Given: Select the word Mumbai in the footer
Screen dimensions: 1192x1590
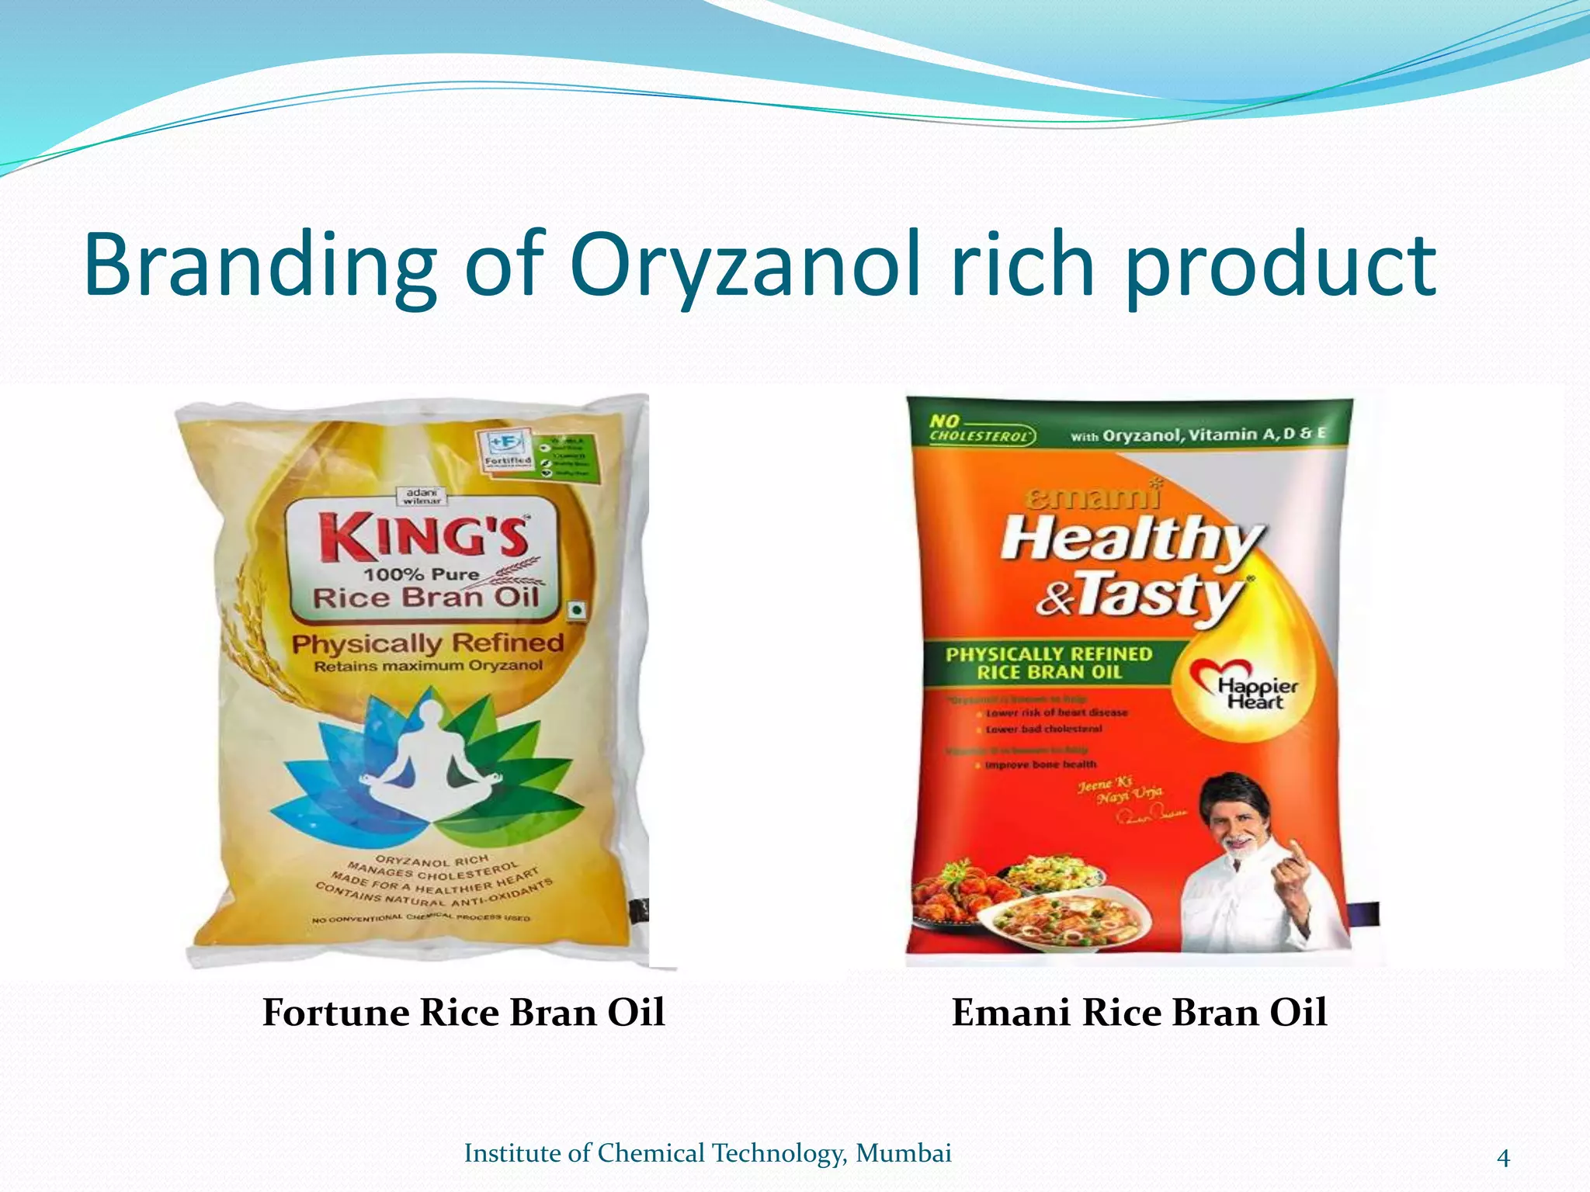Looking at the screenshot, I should tap(903, 1153).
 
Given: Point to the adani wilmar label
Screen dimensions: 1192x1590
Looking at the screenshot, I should tap(422, 497).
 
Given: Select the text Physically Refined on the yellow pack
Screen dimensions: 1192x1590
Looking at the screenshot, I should tap(428, 643).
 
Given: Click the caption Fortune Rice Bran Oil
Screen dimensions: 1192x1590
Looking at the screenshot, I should tap(463, 1013).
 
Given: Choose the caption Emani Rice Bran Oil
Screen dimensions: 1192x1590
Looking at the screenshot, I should tap(1139, 1013).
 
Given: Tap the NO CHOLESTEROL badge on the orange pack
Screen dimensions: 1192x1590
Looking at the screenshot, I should tap(981, 429).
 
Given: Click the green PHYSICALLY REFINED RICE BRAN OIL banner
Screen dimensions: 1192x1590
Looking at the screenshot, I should tap(1049, 663).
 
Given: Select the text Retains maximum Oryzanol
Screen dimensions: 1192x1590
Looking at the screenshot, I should tap(428, 667).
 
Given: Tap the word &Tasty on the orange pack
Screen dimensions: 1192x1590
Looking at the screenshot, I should tap(1141, 597).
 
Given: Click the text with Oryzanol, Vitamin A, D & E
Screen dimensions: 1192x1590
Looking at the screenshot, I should tap(1198, 435).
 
